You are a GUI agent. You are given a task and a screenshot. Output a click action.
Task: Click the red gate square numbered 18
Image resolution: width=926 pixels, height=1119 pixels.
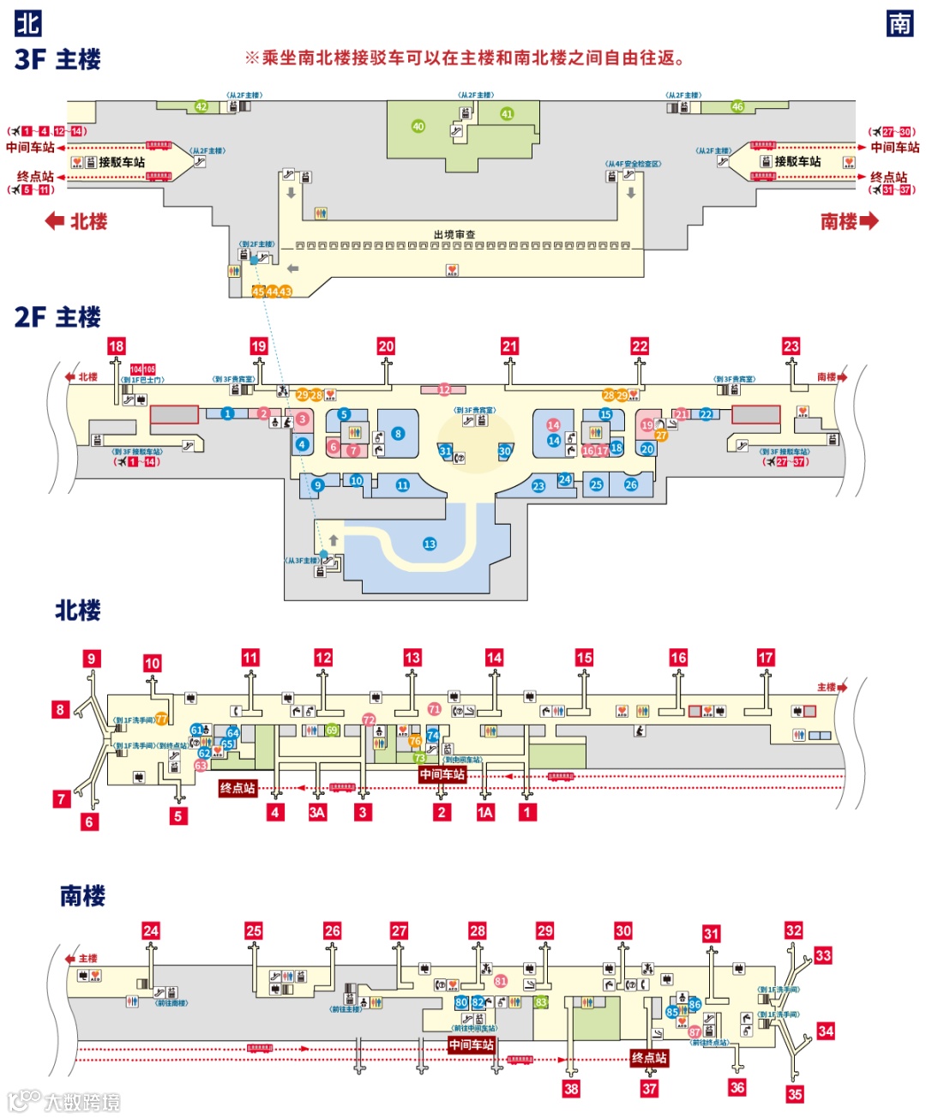point(117,346)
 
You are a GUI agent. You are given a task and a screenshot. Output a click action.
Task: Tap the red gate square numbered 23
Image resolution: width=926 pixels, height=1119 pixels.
point(791,346)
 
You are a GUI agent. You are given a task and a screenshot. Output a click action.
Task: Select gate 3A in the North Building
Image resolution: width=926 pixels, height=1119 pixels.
point(317,812)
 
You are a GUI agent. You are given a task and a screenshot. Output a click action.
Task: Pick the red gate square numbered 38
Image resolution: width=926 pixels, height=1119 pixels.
point(571,1089)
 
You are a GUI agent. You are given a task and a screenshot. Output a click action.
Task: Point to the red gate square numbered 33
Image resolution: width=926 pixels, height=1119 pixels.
point(823,955)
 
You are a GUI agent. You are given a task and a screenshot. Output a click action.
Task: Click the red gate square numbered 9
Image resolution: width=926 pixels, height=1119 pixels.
point(92,659)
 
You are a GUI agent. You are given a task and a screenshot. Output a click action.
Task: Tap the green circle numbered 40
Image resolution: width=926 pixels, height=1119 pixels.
point(418,126)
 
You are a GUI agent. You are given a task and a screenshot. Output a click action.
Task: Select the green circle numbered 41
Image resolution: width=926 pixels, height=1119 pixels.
point(507,113)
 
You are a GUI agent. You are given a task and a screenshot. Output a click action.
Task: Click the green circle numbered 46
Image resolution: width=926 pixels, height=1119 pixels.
point(737,106)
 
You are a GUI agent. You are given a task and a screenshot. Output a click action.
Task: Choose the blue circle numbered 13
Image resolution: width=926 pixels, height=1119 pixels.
point(430,544)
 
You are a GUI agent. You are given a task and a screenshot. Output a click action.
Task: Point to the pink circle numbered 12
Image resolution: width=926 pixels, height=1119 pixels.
point(444,389)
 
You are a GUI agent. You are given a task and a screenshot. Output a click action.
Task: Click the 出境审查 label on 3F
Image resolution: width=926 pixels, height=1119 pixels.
point(454,234)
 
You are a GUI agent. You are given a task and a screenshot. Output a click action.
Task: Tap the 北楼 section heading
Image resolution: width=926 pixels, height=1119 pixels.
point(78,611)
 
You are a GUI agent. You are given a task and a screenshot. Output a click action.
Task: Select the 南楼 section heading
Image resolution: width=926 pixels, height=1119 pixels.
point(82,896)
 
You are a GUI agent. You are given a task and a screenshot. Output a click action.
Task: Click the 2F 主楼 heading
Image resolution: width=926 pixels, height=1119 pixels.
point(57,317)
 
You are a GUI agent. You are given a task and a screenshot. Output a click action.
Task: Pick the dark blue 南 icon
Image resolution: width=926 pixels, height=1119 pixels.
point(899,23)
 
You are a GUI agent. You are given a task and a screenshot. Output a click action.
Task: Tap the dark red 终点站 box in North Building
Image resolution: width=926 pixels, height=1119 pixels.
point(238,788)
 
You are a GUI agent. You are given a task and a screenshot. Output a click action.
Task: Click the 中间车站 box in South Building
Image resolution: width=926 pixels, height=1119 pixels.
point(472,1044)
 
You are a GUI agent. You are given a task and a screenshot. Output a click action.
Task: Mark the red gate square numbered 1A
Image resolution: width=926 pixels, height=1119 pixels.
point(485,812)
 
